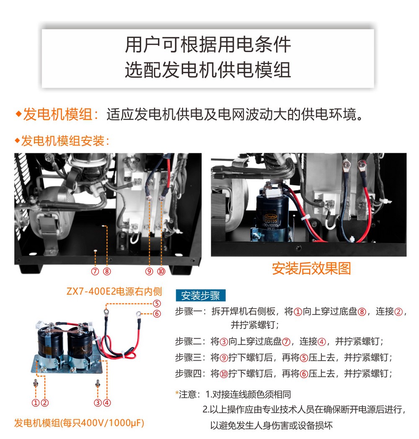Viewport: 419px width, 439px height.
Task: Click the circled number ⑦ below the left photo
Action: [95, 271]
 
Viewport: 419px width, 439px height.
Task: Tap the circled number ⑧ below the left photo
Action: [107, 271]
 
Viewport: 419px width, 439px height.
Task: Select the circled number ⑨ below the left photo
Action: [149, 271]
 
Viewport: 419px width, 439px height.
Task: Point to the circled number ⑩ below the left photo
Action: [161, 271]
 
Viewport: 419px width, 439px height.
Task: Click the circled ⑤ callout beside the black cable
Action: [157, 304]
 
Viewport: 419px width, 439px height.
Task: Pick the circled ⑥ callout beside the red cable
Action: [157, 314]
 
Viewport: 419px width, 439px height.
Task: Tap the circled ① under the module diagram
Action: [36, 403]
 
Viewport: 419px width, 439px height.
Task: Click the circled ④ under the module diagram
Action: [107, 403]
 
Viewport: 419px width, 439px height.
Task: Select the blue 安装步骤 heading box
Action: [201, 295]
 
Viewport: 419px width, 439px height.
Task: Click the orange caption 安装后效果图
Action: [311, 269]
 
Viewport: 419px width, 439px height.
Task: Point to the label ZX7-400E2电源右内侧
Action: [114, 292]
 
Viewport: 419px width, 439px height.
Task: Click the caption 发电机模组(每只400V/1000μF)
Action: [79, 423]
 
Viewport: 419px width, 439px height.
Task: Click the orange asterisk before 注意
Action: [177, 393]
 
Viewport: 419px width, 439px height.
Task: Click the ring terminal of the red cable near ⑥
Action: [138, 314]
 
